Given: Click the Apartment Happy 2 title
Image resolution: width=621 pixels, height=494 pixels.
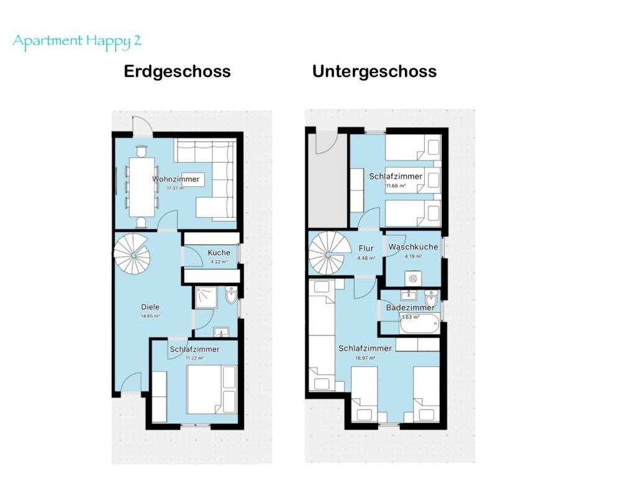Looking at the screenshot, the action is click(x=77, y=42).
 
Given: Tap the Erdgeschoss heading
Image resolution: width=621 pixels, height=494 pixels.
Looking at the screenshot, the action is click(x=177, y=71).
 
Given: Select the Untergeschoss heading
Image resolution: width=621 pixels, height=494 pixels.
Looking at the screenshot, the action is click(x=374, y=71).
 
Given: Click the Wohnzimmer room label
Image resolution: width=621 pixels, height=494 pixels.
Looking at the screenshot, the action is click(x=176, y=179).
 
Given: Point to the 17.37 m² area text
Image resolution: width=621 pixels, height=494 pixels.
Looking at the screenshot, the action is click(x=176, y=189).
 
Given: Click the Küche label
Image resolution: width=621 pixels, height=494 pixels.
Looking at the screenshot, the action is click(x=219, y=253).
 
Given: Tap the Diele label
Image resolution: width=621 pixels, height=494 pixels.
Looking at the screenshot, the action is click(x=150, y=307).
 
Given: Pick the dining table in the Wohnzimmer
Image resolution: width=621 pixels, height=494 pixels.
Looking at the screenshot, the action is click(x=142, y=187).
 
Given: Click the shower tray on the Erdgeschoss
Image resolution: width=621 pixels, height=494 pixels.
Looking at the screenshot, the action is click(x=206, y=297).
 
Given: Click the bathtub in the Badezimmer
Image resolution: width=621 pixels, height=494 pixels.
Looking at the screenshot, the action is click(x=419, y=324).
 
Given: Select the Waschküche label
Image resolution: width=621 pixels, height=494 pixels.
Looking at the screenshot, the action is click(x=413, y=246).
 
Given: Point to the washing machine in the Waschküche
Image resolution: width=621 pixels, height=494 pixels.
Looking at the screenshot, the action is click(x=413, y=278).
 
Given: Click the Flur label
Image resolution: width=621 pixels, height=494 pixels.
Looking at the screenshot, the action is click(x=366, y=248).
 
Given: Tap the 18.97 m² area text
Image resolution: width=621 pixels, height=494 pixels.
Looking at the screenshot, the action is click(x=366, y=358).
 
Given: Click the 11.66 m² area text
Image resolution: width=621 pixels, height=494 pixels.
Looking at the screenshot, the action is click(x=396, y=186).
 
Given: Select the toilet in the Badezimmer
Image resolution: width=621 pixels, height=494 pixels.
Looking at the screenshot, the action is click(x=430, y=299).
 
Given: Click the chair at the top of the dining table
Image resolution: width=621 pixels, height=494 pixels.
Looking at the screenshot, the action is click(x=142, y=151).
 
